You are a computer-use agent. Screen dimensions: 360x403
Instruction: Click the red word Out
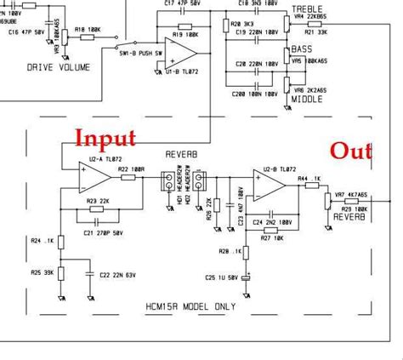point(351,151)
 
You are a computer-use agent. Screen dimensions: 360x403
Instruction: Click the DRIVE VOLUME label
point(56,66)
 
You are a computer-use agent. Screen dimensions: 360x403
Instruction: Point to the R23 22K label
point(99,200)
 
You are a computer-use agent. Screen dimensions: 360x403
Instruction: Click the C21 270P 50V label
point(105,232)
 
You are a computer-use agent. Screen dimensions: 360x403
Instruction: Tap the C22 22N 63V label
point(120,274)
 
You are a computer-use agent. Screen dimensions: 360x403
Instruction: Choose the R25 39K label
point(42,271)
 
